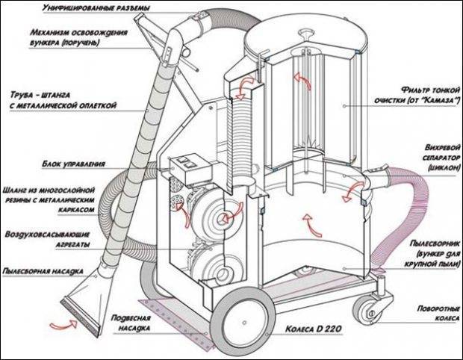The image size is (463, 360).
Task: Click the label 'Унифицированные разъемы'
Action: pos(96,7)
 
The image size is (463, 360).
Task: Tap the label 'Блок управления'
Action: pos(73,164)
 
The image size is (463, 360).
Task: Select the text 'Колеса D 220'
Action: pos(314,329)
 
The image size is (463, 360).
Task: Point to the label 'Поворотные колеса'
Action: pos(438,314)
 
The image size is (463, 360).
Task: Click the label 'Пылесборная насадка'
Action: pos(43,271)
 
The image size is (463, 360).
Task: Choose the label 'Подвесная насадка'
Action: pos(131,323)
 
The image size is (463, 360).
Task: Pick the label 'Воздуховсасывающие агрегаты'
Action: pos(47,240)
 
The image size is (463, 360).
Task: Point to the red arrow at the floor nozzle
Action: pos(63,324)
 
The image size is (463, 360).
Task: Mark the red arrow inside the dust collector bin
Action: pos(311,226)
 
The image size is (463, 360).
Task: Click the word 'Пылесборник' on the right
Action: pos(435,243)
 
